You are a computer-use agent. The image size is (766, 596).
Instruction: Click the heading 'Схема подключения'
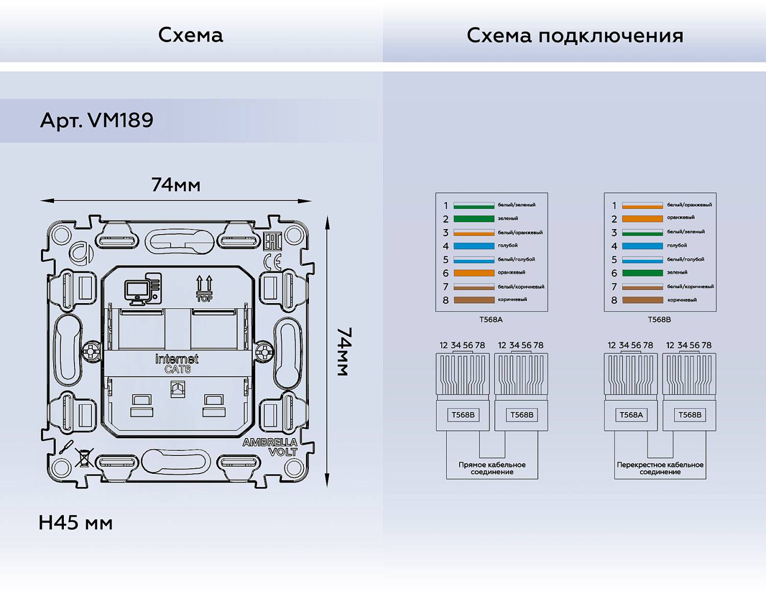(x=574, y=36)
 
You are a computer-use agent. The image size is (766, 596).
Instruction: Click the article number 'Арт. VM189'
(x=97, y=121)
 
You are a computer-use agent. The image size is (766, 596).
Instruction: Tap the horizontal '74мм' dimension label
(x=176, y=185)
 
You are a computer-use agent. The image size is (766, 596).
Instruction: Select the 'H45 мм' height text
(x=76, y=523)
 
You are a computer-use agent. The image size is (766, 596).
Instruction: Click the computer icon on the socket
(x=142, y=289)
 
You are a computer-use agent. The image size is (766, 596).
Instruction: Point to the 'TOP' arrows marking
(x=204, y=289)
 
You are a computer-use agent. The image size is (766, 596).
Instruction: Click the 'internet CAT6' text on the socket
(x=177, y=363)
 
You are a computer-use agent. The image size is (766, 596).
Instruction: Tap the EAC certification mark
(x=272, y=241)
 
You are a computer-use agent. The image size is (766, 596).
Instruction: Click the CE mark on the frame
(x=273, y=262)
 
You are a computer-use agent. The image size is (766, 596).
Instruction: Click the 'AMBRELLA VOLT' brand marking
(x=270, y=447)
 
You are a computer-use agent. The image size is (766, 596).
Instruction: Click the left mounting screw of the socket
(x=91, y=351)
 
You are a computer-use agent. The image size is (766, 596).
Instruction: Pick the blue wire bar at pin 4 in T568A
(x=474, y=246)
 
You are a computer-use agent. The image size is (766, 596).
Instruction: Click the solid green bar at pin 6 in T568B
(x=642, y=273)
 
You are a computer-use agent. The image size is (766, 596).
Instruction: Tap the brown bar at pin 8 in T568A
(x=474, y=300)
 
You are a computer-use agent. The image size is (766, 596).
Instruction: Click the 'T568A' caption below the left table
(x=491, y=319)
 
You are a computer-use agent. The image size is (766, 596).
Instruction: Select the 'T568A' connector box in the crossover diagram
(x=631, y=415)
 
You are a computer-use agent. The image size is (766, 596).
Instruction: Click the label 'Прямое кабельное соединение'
(x=492, y=468)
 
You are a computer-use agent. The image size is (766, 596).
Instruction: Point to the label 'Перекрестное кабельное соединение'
(x=660, y=468)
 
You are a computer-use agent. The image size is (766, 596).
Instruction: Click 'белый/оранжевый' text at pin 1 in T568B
(x=689, y=205)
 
